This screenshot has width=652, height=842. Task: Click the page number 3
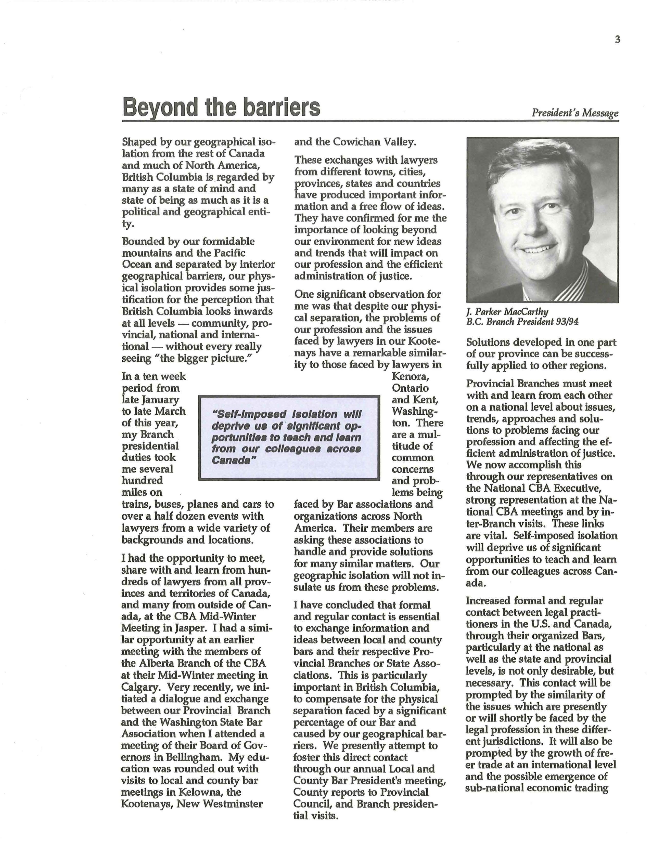[617, 40]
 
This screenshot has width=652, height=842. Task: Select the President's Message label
[575, 113]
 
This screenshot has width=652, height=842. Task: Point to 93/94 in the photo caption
[568, 322]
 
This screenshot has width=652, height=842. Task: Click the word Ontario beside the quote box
[410, 388]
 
